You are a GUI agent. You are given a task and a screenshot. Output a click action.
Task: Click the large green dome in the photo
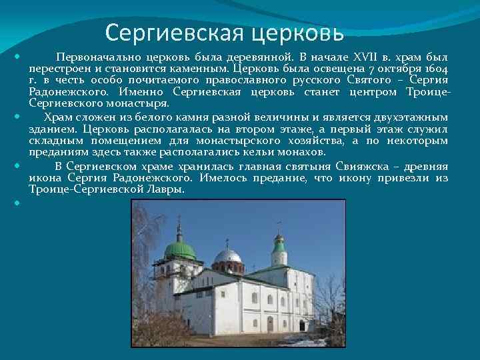coord(180,250)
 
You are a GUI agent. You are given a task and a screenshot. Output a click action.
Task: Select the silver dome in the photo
coord(227,256)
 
